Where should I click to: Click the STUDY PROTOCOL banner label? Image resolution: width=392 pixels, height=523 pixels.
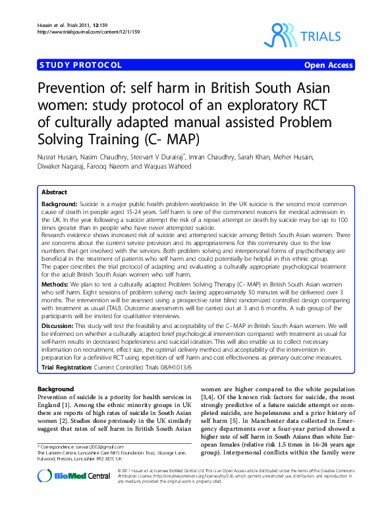tap(80, 65)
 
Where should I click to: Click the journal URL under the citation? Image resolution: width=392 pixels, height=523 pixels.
tap(79, 32)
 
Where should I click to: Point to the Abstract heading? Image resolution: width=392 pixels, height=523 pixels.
tap(54, 192)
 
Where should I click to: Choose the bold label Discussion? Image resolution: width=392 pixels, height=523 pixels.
tap(60, 325)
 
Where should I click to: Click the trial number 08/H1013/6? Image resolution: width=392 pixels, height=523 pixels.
tap(148, 367)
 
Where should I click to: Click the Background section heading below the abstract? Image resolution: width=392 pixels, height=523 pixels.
tap(56, 389)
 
